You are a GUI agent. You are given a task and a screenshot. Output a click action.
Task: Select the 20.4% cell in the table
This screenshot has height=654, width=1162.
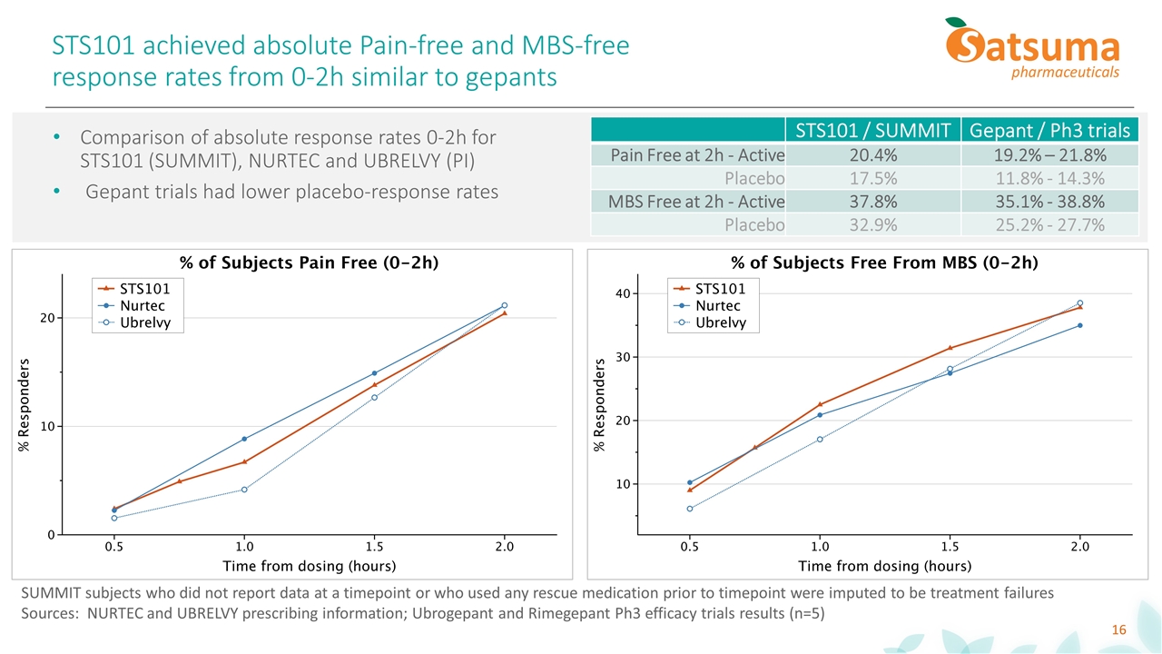pos(871,154)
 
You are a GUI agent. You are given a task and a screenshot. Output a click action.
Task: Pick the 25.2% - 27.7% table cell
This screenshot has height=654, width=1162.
pos(1049,224)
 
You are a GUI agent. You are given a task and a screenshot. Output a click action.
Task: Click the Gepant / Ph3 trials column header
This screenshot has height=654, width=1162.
pos(1049,131)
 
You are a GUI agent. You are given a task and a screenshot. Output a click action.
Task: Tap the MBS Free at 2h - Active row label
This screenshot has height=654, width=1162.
pos(697,201)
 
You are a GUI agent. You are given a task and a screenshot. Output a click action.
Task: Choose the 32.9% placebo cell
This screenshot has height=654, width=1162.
pos(871,224)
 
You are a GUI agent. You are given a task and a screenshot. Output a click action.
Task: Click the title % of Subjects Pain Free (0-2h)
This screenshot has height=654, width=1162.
pos(310,263)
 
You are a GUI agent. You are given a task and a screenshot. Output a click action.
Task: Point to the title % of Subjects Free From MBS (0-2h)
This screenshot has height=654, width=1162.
pos(884,263)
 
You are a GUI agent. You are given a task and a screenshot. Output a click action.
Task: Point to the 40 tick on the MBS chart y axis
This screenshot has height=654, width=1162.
pos(623,293)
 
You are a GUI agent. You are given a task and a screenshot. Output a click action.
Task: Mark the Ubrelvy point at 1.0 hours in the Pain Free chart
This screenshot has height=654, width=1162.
pos(244,490)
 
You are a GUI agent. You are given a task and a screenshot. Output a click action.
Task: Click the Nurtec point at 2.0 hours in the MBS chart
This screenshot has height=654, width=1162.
pos(1079,325)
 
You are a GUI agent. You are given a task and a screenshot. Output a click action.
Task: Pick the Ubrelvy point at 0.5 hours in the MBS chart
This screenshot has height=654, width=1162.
pos(690,509)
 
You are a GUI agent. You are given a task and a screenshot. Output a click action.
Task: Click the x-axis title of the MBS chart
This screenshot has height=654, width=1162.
pos(884,566)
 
